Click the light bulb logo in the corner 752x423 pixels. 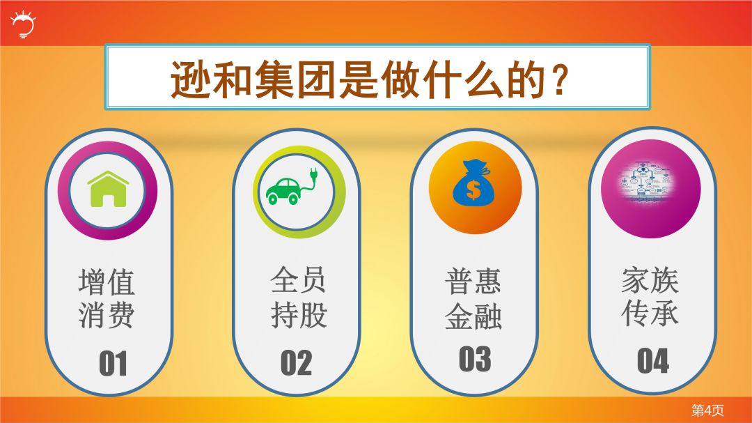pos(23,24)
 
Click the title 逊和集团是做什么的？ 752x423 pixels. pos(367,79)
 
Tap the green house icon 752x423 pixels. pos(108,189)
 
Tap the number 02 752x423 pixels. pos(296,363)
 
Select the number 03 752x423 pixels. pos(475,359)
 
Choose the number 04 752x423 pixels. pos(652,360)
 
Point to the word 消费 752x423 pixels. pos(106,315)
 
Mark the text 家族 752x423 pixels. pos(650,281)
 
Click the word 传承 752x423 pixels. pos(650,314)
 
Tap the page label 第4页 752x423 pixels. pos(707,410)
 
